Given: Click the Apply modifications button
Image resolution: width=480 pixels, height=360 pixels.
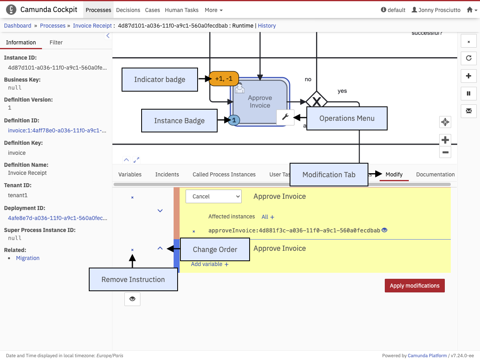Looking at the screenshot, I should point(414,286).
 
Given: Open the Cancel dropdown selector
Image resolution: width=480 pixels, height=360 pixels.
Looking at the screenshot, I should point(213,196).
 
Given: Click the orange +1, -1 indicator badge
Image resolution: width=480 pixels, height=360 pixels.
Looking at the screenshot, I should point(224,78).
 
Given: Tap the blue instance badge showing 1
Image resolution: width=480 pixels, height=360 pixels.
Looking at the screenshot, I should point(234,120).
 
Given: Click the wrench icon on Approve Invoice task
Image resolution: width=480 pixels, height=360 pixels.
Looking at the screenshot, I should point(285,117).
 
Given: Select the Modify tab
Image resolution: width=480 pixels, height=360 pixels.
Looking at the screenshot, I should point(394,174).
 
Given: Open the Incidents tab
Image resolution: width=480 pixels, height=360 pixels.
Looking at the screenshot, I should point(167,174).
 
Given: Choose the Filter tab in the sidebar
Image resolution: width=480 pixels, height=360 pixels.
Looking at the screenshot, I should point(56,42).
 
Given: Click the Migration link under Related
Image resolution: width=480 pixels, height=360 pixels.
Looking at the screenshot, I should point(28,258).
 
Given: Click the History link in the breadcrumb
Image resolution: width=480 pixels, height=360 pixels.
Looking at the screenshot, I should point(267,26).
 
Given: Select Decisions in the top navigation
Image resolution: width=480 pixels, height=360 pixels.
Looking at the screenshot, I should point(128,10).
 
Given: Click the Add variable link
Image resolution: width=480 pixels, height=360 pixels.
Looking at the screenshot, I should point(210,264).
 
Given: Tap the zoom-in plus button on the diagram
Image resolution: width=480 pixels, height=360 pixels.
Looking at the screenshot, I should point(445,140).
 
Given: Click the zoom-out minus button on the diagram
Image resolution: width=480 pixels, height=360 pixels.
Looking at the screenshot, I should point(445,152).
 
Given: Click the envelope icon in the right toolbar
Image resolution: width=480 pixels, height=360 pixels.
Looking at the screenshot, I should point(468,111).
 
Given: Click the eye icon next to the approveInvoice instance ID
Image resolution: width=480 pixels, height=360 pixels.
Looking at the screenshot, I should point(384,230).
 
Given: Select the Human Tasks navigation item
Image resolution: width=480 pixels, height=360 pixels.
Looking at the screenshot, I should point(182,10).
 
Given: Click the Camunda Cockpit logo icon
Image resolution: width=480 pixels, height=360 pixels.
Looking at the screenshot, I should point(11,10).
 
